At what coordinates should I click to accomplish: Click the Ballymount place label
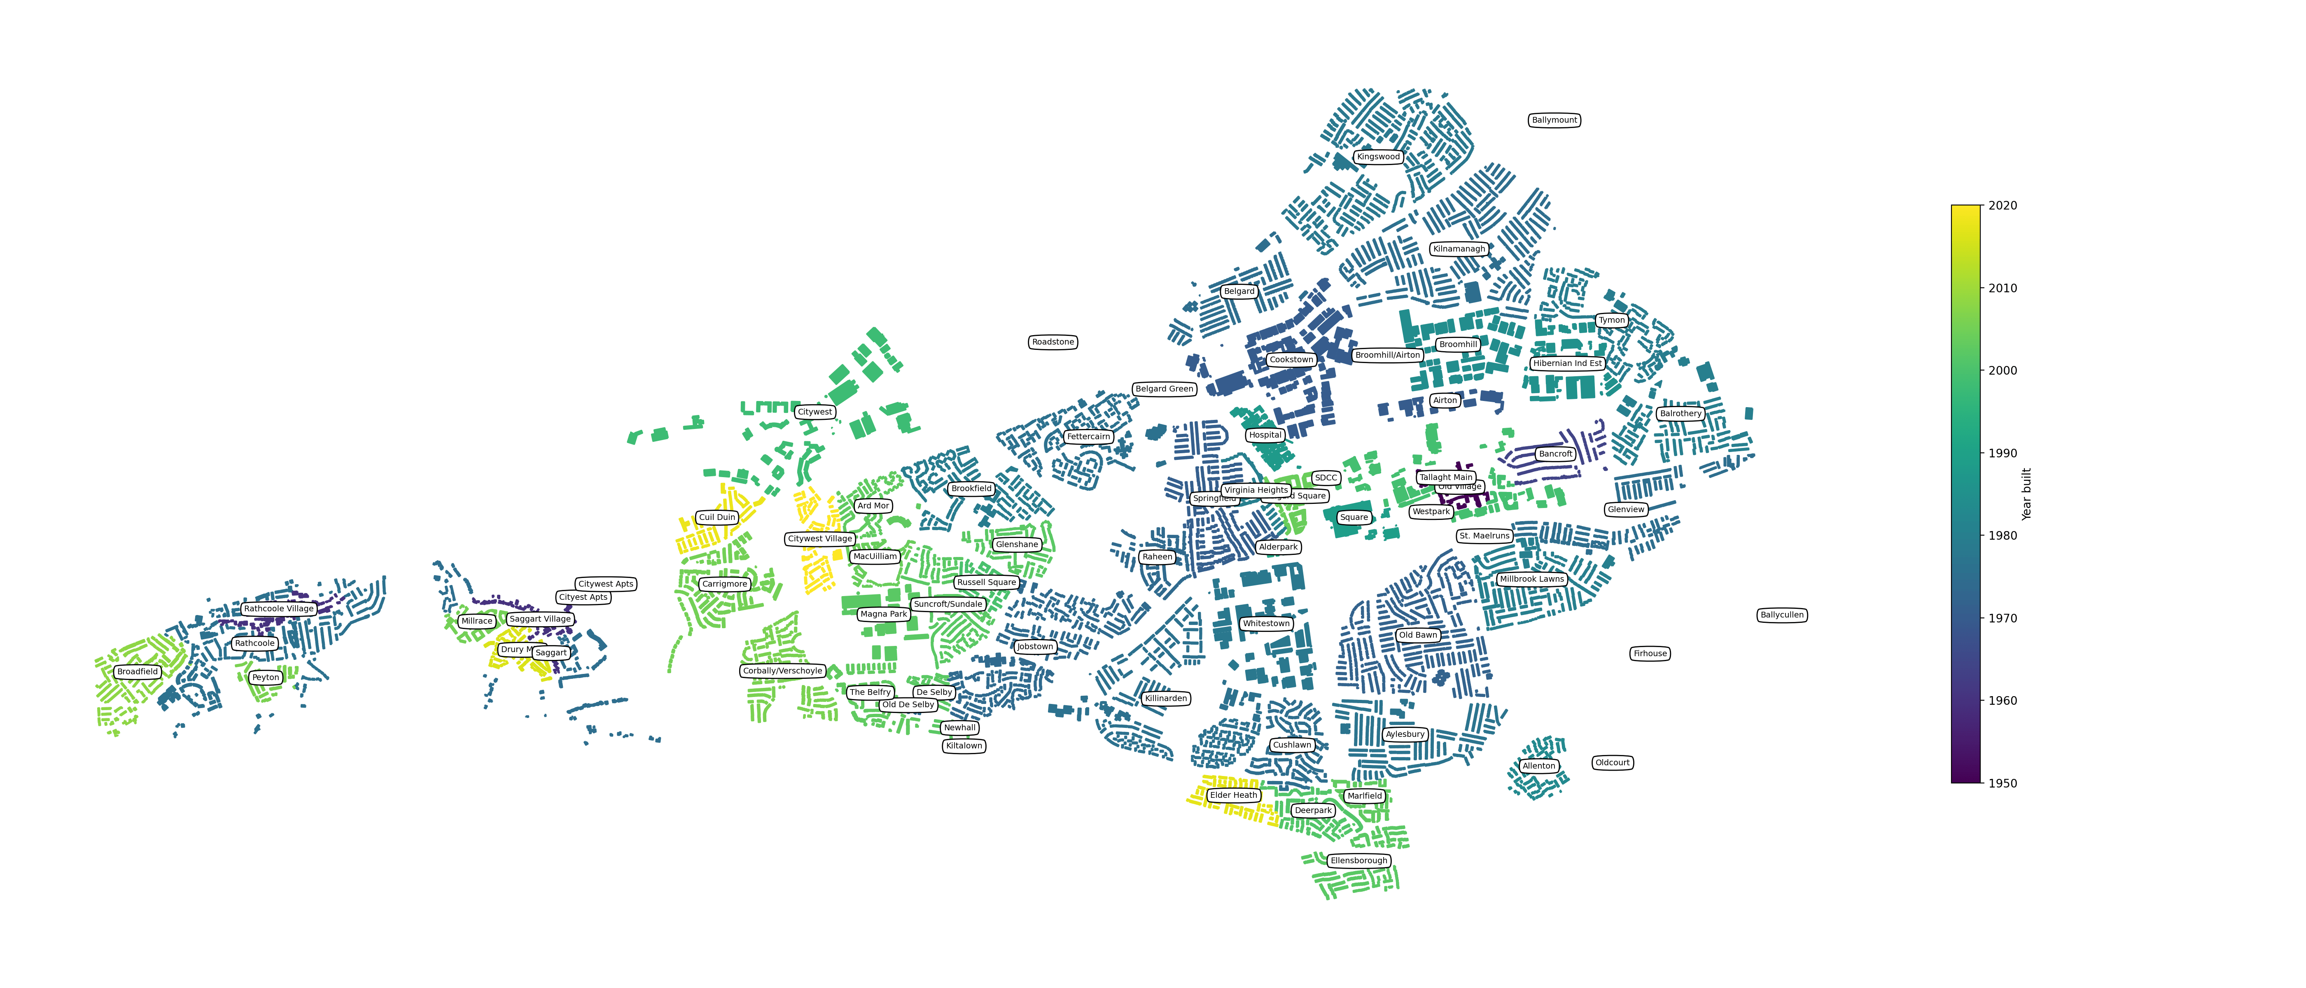(x=1554, y=120)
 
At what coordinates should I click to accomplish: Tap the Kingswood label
(x=1378, y=156)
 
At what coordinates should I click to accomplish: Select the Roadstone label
(x=1053, y=342)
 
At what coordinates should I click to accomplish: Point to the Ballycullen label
(x=1781, y=615)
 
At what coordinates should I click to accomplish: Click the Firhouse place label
(x=1650, y=653)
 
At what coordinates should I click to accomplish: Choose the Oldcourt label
(x=1612, y=762)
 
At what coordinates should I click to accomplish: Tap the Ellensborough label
(x=1358, y=861)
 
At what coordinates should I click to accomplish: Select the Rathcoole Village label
(x=278, y=608)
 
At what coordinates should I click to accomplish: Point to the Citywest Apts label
(x=605, y=583)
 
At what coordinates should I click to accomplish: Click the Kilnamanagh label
(x=1458, y=249)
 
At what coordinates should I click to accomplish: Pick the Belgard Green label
(x=1164, y=388)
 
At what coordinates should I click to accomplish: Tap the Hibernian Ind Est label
(x=1566, y=364)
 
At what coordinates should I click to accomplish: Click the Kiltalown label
(x=964, y=746)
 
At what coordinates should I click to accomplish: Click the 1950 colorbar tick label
(x=2003, y=783)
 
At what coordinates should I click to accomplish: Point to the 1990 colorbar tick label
(x=2003, y=453)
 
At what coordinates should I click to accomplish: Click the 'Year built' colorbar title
(x=2027, y=494)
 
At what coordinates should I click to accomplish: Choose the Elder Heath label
(x=1232, y=795)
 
